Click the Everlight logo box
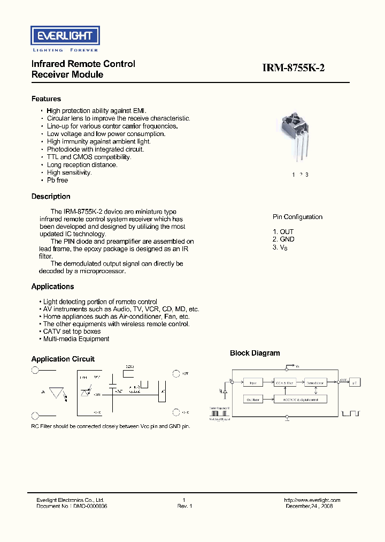click(64, 36)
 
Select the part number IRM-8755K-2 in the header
click(294, 68)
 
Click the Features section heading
click(46, 99)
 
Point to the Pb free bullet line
click(57, 180)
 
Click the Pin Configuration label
click(297, 217)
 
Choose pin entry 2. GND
click(283, 239)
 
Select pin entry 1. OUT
click(283, 232)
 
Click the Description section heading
click(51, 197)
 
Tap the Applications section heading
click(52, 287)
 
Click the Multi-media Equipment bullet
click(76, 339)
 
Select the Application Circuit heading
click(63, 359)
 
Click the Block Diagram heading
click(255, 353)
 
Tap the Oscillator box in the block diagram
click(253, 400)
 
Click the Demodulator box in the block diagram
click(315, 382)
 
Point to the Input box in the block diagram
click(253, 382)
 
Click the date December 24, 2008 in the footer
click(309, 506)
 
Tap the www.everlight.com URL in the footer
click(312, 500)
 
